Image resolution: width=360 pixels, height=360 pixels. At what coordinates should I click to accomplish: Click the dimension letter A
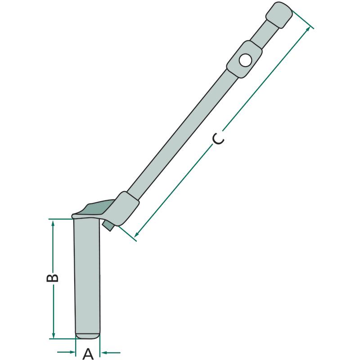pos(88,354)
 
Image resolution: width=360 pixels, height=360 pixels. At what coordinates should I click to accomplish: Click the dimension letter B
pos(53,278)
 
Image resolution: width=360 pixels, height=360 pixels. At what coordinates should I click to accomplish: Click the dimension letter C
pos(218,139)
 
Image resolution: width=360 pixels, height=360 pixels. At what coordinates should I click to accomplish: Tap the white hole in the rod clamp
pos(245,60)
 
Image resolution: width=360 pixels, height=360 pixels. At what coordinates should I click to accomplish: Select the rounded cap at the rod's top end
pos(279,15)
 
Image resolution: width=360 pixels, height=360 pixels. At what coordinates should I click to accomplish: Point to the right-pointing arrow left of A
pos(66,352)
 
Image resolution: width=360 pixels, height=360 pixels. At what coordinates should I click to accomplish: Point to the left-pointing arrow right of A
pos(111,352)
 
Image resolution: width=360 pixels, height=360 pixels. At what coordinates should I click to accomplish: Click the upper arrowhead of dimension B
pos(53,224)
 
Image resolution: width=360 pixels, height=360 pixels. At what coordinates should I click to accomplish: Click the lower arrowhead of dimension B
pos(54,334)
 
